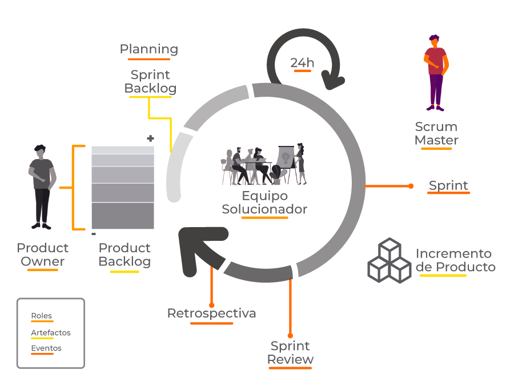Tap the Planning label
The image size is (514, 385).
[148, 49]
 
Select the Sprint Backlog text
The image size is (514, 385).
[150, 82]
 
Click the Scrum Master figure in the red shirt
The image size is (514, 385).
[436, 73]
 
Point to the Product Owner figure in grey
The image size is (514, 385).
[42, 186]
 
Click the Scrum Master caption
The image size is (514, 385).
[436, 133]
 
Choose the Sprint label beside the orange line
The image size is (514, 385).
[448, 185]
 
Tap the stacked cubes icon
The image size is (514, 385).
[388, 260]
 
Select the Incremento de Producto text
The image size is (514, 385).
[455, 260]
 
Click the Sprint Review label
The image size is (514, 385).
[290, 352]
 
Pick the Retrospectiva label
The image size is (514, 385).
[211, 313]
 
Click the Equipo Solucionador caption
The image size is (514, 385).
[264, 203]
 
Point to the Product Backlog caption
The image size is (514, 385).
[125, 255]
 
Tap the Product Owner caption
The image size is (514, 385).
[42, 255]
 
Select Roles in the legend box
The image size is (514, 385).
[41, 316]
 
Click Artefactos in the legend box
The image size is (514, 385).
[51, 332]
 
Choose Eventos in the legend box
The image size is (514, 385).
[46, 348]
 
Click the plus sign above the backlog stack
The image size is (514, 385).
[151, 138]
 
